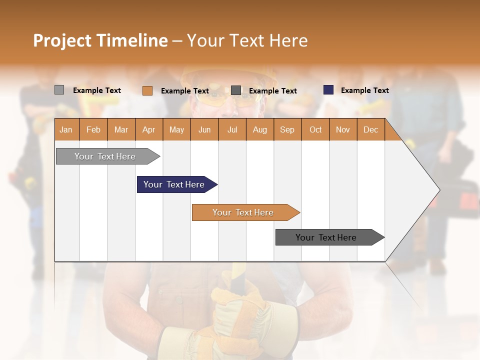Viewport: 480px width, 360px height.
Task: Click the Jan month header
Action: [66, 129]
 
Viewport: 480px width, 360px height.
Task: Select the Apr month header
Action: [148, 129]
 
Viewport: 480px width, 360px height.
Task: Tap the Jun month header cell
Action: [204, 129]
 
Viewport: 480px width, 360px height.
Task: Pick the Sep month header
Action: [287, 129]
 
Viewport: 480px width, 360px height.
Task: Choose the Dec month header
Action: [370, 129]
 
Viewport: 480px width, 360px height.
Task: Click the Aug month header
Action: [259, 129]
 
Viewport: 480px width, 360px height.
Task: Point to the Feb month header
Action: [93, 129]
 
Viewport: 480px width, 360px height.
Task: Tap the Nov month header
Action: [342, 129]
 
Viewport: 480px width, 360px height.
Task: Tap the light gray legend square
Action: [59, 90]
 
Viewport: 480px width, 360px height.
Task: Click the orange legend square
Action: [147, 90]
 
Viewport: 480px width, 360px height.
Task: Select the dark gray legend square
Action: [236, 90]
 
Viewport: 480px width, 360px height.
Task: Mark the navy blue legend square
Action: [328, 90]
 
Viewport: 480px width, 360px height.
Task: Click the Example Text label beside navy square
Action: [364, 90]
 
